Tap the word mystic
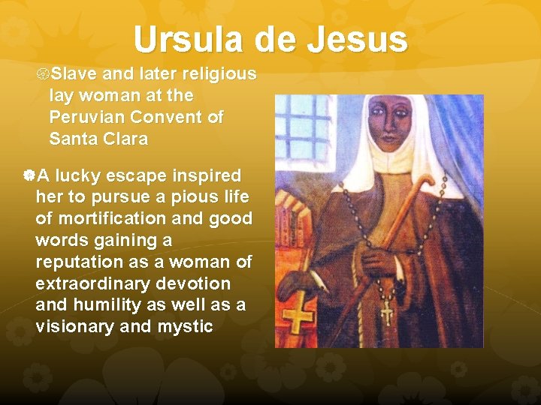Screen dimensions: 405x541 point(185,327)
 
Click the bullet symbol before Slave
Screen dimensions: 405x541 point(42,74)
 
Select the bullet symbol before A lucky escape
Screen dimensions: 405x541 point(29,176)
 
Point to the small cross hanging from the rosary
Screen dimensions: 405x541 point(386,312)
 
